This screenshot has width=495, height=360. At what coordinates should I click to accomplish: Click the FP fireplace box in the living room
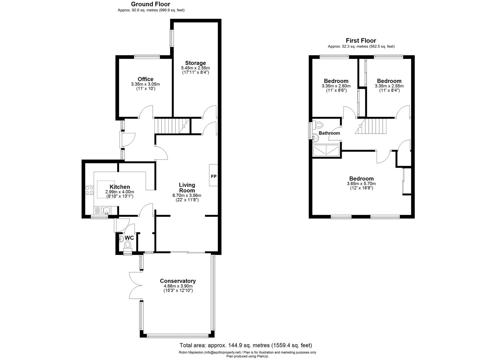pos(213,175)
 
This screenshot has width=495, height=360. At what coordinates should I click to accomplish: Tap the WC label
pos(129,238)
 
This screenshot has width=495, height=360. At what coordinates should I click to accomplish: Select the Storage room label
pos(195,63)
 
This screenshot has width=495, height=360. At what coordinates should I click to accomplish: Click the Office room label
pos(145,79)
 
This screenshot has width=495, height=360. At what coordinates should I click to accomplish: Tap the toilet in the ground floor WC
pos(128,245)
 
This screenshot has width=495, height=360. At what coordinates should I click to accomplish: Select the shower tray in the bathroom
pos(326,151)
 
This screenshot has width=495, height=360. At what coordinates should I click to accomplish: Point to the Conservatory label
pos(178,281)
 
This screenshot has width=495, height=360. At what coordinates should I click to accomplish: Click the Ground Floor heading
pos(150,4)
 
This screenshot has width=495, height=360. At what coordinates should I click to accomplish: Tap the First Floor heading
pos(361,41)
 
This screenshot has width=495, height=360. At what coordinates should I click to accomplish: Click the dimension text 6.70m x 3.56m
pos(187,196)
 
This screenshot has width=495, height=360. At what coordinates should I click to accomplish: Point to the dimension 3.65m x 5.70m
pos(361,184)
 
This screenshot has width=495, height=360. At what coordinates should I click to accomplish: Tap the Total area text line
pos(246,345)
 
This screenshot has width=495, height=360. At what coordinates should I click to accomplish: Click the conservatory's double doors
pos(136,285)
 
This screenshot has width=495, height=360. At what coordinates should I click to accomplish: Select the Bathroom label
pos(329,133)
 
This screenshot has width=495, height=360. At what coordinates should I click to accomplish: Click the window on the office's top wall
pos(147,56)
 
